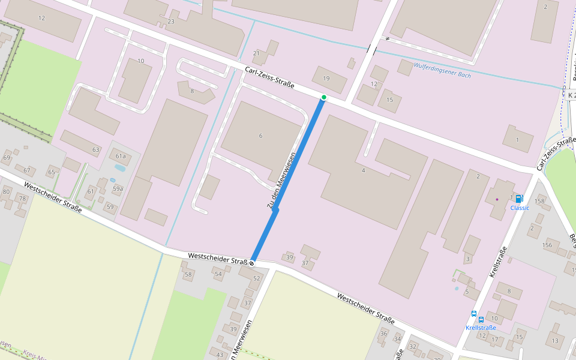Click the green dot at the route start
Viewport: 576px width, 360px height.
(x=324, y=97)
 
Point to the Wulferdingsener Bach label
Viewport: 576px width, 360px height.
(x=442, y=70)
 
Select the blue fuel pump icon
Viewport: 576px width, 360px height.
(x=518, y=199)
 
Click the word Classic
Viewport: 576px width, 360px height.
(x=520, y=208)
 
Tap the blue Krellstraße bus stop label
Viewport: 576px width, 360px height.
(x=481, y=328)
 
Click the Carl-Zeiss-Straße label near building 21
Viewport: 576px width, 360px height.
(x=269, y=77)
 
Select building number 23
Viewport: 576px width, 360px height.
(x=171, y=22)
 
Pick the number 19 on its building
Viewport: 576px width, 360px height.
(x=326, y=79)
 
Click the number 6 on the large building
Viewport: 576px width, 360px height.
(x=260, y=136)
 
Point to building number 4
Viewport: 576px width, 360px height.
(x=363, y=170)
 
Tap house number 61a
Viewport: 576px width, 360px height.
(x=121, y=157)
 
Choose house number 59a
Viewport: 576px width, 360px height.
(x=118, y=189)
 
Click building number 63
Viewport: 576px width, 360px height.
(x=95, y=149)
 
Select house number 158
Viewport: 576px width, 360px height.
(x=539, y=201)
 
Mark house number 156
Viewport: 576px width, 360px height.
(x=547, y=245)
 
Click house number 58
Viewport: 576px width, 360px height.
(x=188, y=275)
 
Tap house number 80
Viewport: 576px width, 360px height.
(x=6, y=193)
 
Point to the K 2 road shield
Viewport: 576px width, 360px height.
(x=571, y=95)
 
